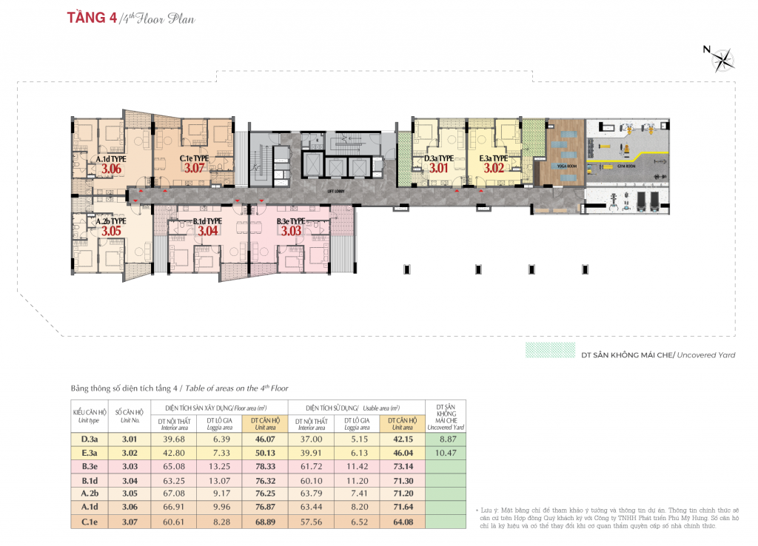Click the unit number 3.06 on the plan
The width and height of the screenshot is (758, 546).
tap(111, 169)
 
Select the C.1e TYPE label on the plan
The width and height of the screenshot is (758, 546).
tap(193, 158)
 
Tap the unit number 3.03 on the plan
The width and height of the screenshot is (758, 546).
tap(291, 231)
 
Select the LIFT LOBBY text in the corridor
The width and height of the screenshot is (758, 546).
tap(338, 191)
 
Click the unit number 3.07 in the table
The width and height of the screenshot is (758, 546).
tap(130, 524)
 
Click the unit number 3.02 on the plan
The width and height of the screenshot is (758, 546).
tap(493, 169)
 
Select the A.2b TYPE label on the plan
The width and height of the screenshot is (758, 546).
tap(111, 220)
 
